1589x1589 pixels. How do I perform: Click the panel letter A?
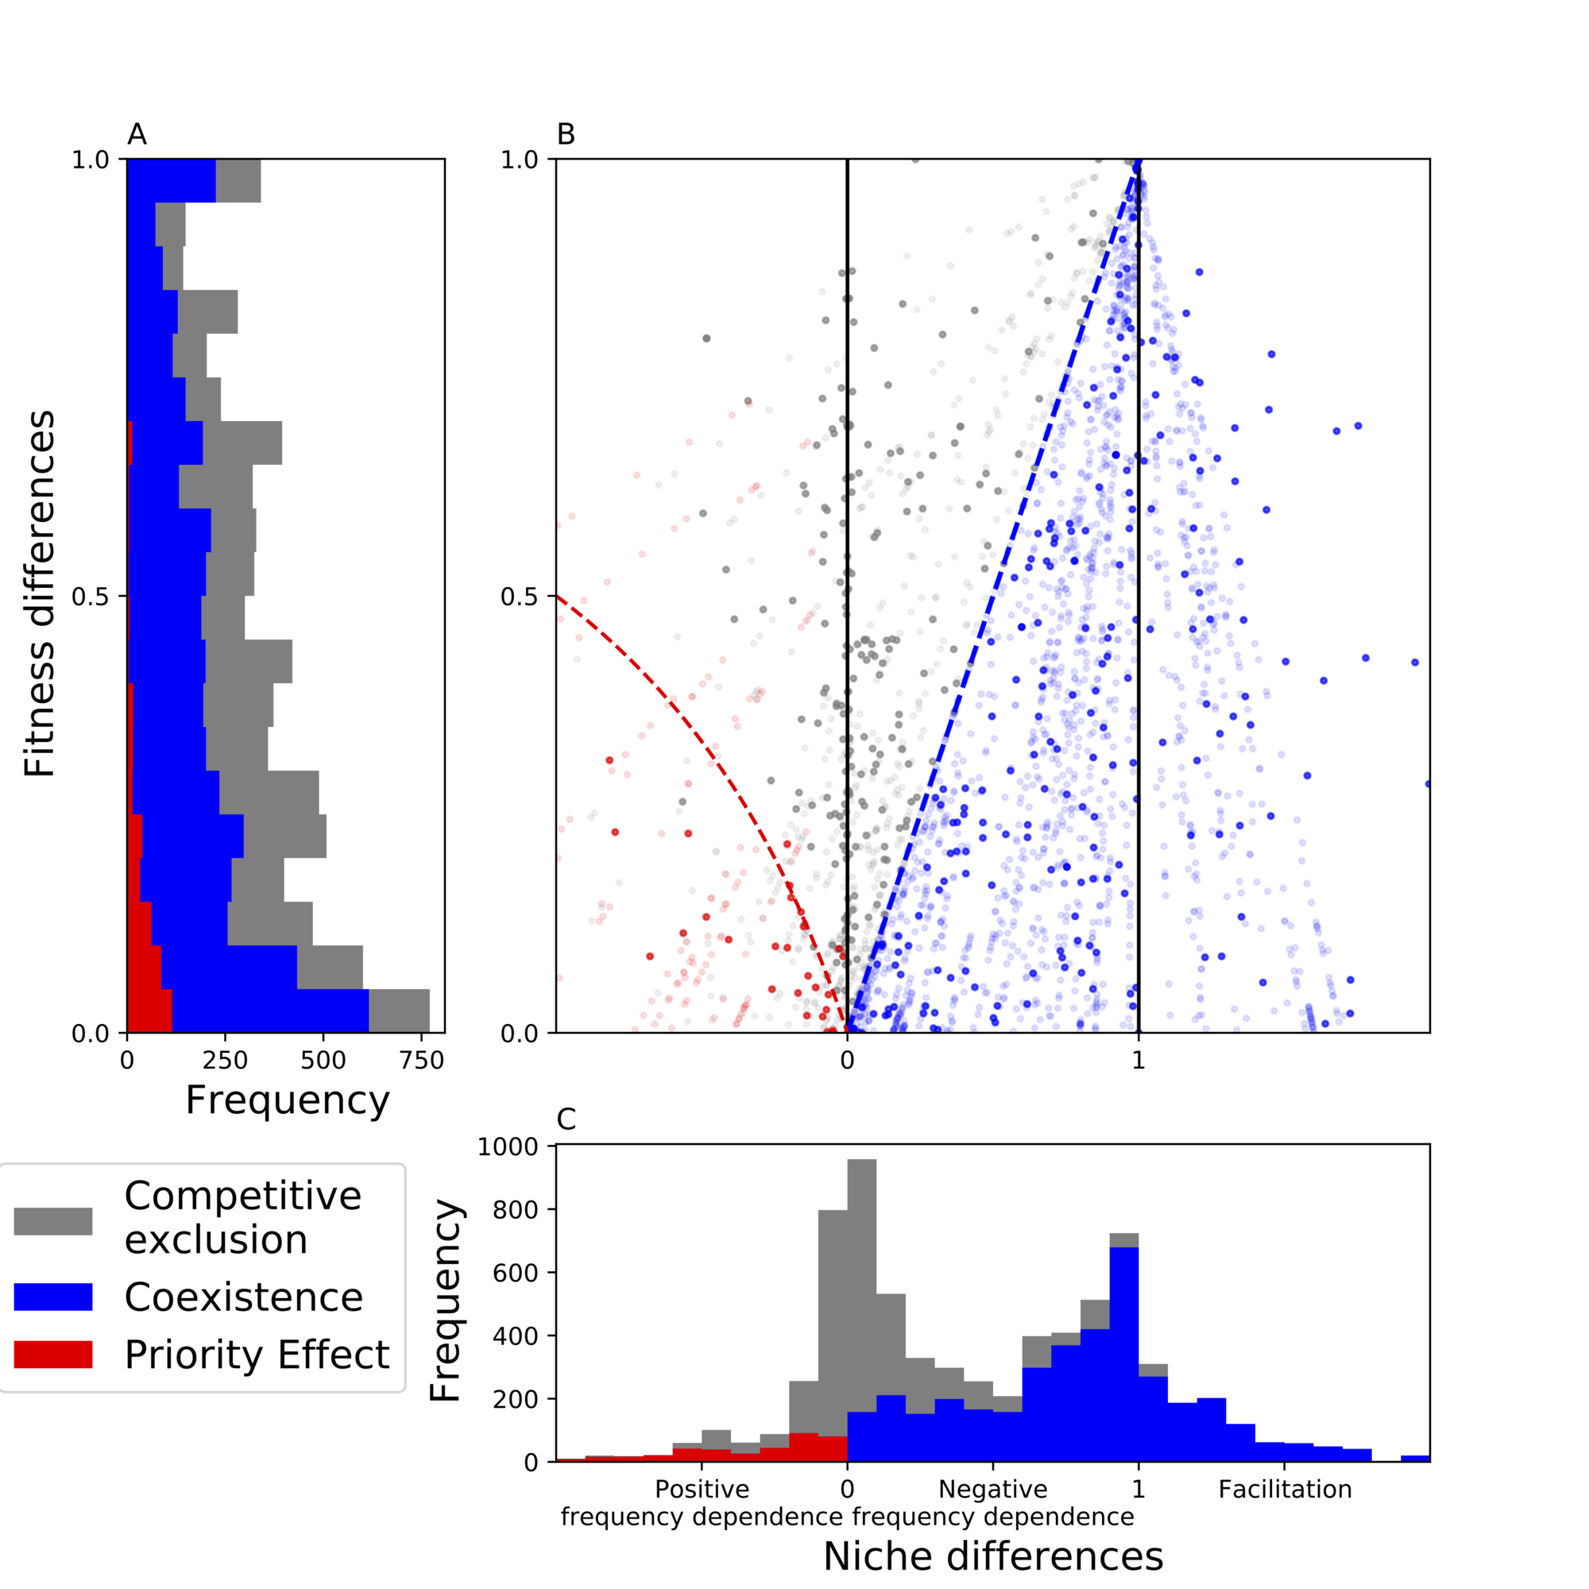(137, 134)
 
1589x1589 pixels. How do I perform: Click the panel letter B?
(565, 134)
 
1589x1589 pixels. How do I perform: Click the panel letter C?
(566, 1119)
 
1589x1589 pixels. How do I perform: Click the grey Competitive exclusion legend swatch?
(52, 1221)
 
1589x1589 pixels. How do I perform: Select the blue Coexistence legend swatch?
(52, 1297)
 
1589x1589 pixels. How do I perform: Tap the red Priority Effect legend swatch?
(52, 1355)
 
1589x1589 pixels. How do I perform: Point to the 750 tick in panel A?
(422, 1061)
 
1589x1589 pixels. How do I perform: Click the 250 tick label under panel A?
(226, 1061)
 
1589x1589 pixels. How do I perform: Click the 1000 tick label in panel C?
(508, 1146)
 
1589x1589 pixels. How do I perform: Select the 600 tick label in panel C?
(516, 1273)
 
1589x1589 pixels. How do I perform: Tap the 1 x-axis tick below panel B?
(1139, 1061)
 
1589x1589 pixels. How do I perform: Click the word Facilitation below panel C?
(1285, 1490)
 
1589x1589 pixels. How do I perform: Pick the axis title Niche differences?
(992, 1556)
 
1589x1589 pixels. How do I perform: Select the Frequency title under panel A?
(287, 1100)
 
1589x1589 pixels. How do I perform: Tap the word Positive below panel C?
(702, 1490)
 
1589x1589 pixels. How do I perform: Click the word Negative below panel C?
(992, 1490)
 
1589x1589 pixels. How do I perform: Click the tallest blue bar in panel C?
(1123, 1357)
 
